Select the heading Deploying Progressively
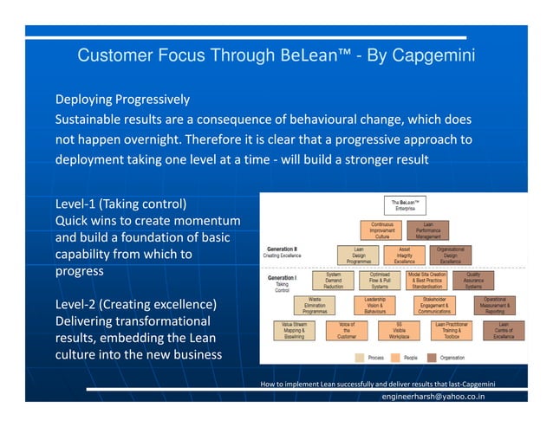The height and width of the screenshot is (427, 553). click(x=122, y=99)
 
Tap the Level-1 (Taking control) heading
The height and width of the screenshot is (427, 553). click(x=120, y=205)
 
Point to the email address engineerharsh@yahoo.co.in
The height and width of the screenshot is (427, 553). click(x=433, y=397)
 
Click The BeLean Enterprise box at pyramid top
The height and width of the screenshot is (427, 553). click(x=404, y=205)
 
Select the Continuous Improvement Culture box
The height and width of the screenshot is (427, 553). click(x=381, y=230)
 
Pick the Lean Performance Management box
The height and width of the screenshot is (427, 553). click(x=428, y=230)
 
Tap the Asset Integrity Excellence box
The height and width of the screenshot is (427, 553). click(x=404, y=255)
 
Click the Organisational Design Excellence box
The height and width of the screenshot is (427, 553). click(x=451, y=255)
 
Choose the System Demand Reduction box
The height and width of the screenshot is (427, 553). click(x=334, y=280)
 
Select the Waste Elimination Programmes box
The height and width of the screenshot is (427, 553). click(x=315, y=305)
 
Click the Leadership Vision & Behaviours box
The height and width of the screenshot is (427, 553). click(x=375, y=305)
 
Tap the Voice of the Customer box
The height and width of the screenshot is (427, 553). click(x=346, y=330)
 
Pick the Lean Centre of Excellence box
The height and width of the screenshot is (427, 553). click(x=504, y=330)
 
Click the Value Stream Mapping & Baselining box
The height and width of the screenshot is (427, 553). click(x=294, y=330)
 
